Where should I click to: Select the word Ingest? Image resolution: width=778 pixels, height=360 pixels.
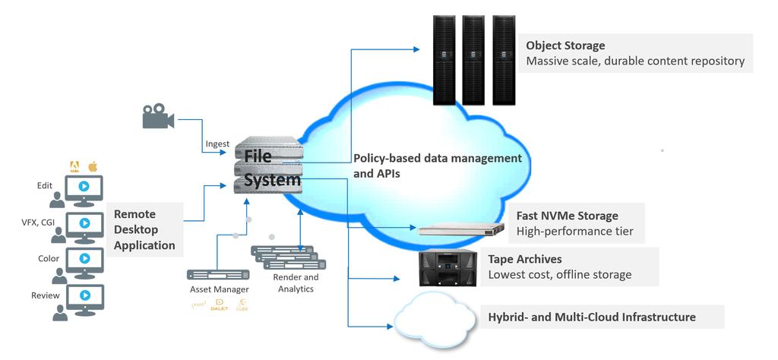(x=217, y=144)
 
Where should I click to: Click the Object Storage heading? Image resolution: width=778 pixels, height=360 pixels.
(x=565, y=46)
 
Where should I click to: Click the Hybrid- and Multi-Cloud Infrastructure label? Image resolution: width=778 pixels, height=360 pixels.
(x=592, y=317)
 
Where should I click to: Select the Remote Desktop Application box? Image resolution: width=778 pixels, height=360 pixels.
(x=144, y=229)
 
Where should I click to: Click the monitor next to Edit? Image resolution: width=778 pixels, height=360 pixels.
(x=85, y=187)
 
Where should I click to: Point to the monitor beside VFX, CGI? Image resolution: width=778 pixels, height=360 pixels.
(x=85, y=224)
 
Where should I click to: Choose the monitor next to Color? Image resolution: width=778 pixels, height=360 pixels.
(x=85, y=260)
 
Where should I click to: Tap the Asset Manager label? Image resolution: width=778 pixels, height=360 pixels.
(x=219, y=289)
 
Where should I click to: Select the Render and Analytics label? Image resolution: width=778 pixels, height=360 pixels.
(x=294, y=283)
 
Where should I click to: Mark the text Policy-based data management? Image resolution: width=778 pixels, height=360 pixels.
(x=438, y=158)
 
